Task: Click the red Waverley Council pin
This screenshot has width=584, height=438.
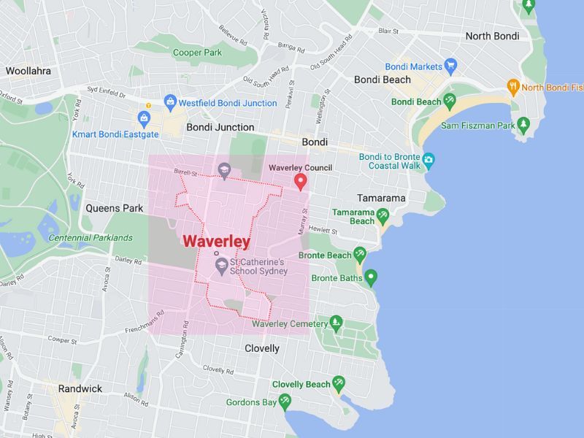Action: coord(300,182)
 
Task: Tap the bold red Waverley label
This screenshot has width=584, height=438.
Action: coord(217,242)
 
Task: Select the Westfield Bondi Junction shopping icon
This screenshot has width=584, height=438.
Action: coord(170,101)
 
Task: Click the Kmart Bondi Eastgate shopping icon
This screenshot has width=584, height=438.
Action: coord(144,118)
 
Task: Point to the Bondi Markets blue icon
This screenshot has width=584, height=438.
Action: coord(450,66)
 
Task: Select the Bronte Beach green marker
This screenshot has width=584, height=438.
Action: coord(359,255)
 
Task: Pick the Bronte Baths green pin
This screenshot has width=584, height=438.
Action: coord(371,277)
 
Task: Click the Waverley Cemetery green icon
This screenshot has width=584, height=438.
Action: coord(336,322)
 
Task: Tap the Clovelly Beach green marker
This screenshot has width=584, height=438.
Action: coord(339,383)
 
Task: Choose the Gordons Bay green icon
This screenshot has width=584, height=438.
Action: coord(285,401)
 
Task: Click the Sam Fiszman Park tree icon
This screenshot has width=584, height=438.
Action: coord(523,125)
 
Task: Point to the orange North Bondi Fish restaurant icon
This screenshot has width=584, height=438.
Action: coord(513,86)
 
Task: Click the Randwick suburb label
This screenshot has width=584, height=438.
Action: coord(80,388)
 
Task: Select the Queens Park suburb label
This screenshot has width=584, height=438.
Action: coord(115,208)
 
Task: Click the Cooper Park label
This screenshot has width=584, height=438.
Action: coord(196,53)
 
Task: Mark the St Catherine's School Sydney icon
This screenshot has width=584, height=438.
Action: coord(221,264)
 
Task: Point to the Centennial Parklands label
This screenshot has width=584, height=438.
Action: coord(91,238)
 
